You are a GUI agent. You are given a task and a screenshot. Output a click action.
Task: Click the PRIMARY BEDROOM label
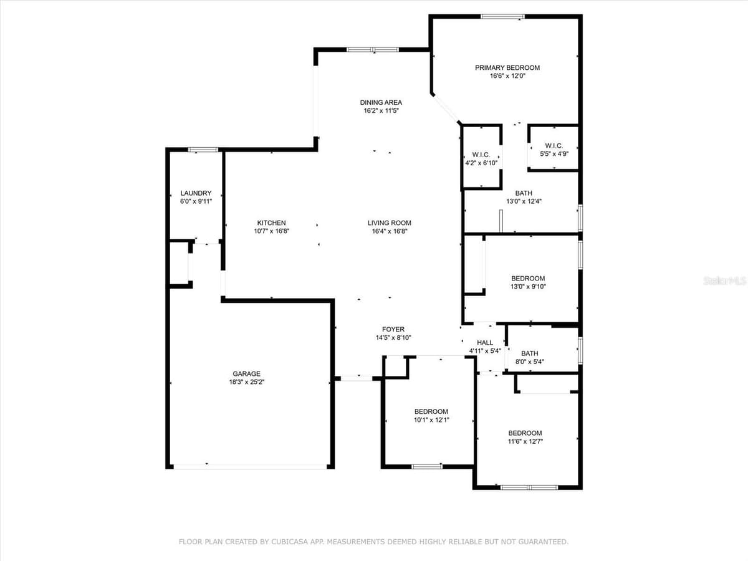(x=507, y=68)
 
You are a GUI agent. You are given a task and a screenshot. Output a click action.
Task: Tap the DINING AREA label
(x=381, y=102)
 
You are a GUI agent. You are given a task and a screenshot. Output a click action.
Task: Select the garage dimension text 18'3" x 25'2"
(x=247, y=382)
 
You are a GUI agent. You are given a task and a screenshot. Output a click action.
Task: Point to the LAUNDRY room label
(x=196, y=193)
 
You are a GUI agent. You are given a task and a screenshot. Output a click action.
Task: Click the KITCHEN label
(x=271, y=223)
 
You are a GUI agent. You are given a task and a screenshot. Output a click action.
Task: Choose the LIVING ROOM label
(x=390, y=223)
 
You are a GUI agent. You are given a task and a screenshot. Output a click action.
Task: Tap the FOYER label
(x=393, y=329)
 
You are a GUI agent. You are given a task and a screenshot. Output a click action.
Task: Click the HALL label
(x=485, y=343)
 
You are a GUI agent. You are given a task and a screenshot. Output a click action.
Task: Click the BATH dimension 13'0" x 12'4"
(x=524, y=201)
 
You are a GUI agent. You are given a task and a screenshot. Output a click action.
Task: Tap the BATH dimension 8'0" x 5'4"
(x=530, y=362)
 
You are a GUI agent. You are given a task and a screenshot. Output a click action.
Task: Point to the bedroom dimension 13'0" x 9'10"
(x=528, y=287)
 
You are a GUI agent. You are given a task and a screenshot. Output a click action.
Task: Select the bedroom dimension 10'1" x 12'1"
(x=431, y=420)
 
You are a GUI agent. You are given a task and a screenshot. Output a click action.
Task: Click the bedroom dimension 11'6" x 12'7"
(x=525, y=441)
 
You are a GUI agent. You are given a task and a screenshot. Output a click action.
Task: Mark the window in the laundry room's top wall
(x=203, y=150)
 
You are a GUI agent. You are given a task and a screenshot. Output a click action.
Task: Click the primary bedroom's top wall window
(x=502, y=16)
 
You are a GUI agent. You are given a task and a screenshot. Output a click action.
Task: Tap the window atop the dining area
(x=373, y=50)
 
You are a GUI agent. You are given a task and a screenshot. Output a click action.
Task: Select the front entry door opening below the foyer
(x=357, y=378)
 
